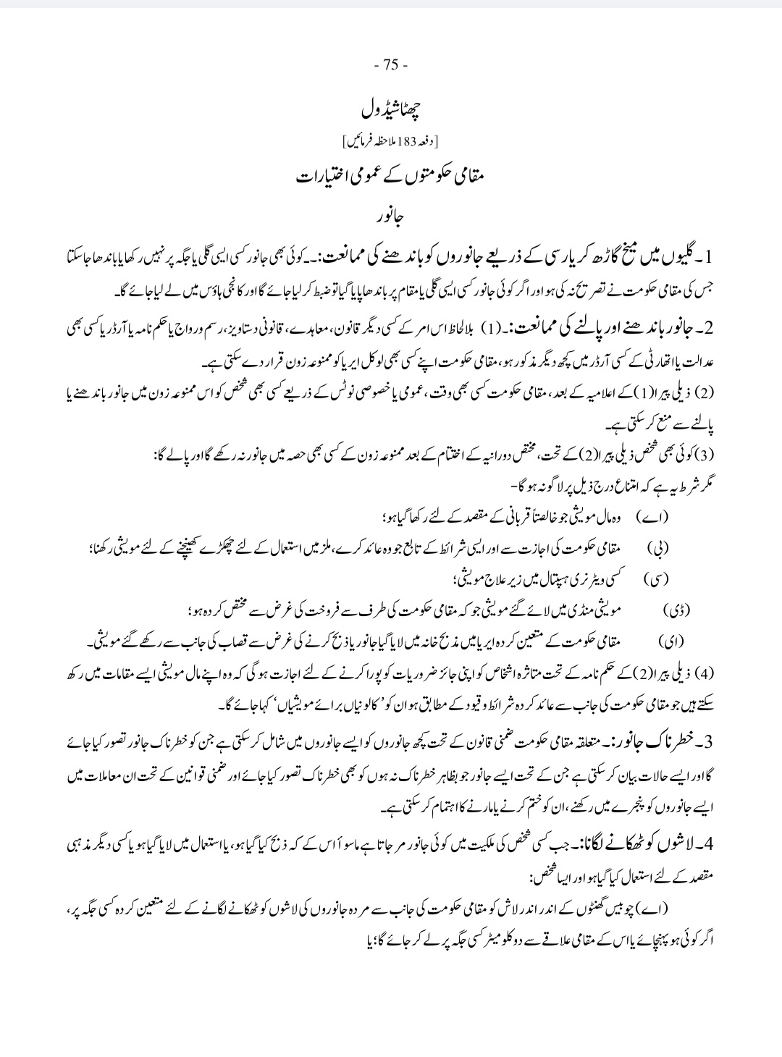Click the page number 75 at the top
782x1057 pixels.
click(x=392, y=65)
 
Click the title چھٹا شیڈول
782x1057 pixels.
click(x=392, y=111)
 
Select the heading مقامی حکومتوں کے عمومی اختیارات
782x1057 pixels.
click(x=392, y=176)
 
